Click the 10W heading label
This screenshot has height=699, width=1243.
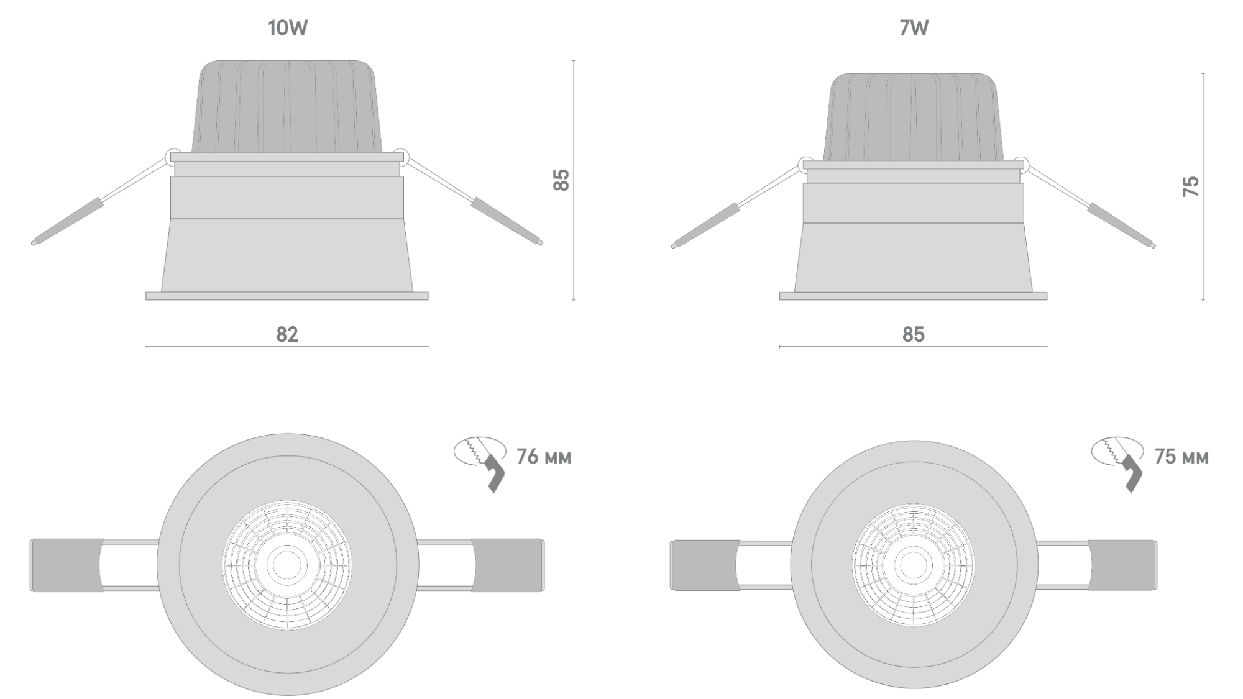[x=288, y=28]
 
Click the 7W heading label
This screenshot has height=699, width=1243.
[x=914, y=28]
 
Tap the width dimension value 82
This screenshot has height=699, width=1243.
[x=287, y=334]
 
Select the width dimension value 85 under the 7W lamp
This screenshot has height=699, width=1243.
[x=914, y=334]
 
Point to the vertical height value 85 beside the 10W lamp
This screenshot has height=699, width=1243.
[x=561, y=180]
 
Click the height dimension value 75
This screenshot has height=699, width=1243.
[x=1191, y=186]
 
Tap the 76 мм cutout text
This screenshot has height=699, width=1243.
[x=544, y=457]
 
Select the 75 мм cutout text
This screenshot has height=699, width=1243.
[x=1181, y=457]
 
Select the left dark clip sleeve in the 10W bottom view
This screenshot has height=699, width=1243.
[x=66, y=565]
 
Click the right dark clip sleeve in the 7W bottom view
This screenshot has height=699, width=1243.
[x=1122, y=565]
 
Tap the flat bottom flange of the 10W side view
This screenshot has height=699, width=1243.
[x=287, y=296]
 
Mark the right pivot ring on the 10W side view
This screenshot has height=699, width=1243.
[x=401, y=156]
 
